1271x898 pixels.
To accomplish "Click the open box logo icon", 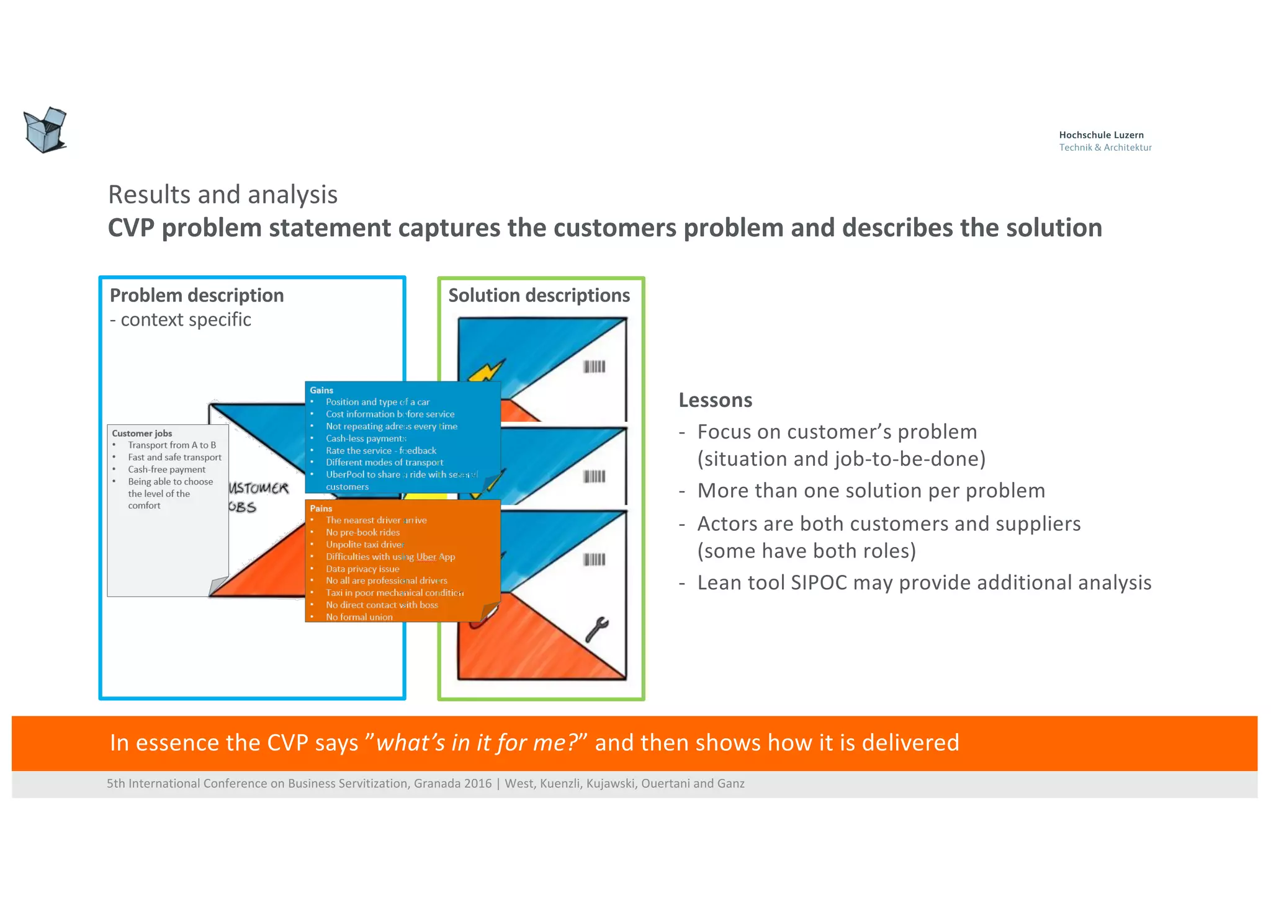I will [x=45, y=130].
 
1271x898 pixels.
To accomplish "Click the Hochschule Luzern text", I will [x=1101, y=135].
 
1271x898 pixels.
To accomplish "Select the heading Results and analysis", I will [x=222, y=195].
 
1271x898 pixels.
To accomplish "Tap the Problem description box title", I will [x=196, y=295].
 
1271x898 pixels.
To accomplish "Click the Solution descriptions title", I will [x=539, y=295].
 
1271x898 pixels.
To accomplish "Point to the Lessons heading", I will [x=715, y=400].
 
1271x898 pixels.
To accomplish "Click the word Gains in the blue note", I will [x=321, y=390].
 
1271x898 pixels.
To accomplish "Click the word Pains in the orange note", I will [x=321, y=508].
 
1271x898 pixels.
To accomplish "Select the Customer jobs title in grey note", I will [x=141, y=433].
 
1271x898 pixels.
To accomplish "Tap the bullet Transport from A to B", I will [x=171, y=445].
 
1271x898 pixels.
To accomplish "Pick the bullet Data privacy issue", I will [x=362, y=569].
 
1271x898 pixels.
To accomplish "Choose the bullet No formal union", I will [x=359, y=617].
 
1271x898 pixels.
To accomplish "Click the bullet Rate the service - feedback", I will [x=380, y=450].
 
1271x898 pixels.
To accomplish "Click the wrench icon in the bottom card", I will [x=597, y=629].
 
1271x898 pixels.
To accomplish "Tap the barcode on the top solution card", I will [x=594, y=367].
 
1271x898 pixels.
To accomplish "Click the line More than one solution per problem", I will [x=871, y=491].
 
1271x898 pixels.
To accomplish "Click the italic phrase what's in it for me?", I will [x=477, y=743].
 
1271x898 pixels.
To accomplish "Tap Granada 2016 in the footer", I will [x=452, y=783].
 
